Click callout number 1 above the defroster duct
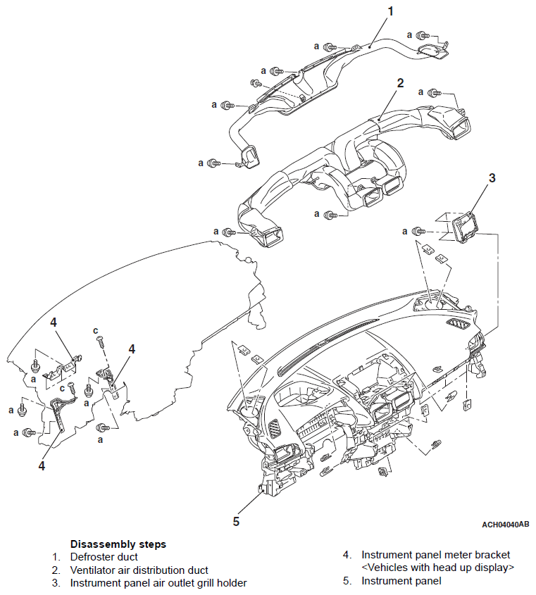click(390, 11)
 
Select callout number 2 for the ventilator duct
click(400, 83)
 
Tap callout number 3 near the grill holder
click(492, 178)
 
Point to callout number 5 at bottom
click(237, 522)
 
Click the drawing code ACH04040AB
click(505, 525)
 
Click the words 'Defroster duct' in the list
click(104, 557)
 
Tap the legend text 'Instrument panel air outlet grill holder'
click(158, 582)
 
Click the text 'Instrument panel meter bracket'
click(435, 555)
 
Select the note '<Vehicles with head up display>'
click(437, 568)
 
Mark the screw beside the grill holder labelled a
click(418, 231)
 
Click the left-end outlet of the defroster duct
click(248, 156)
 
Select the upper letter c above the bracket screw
click(95, 330)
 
